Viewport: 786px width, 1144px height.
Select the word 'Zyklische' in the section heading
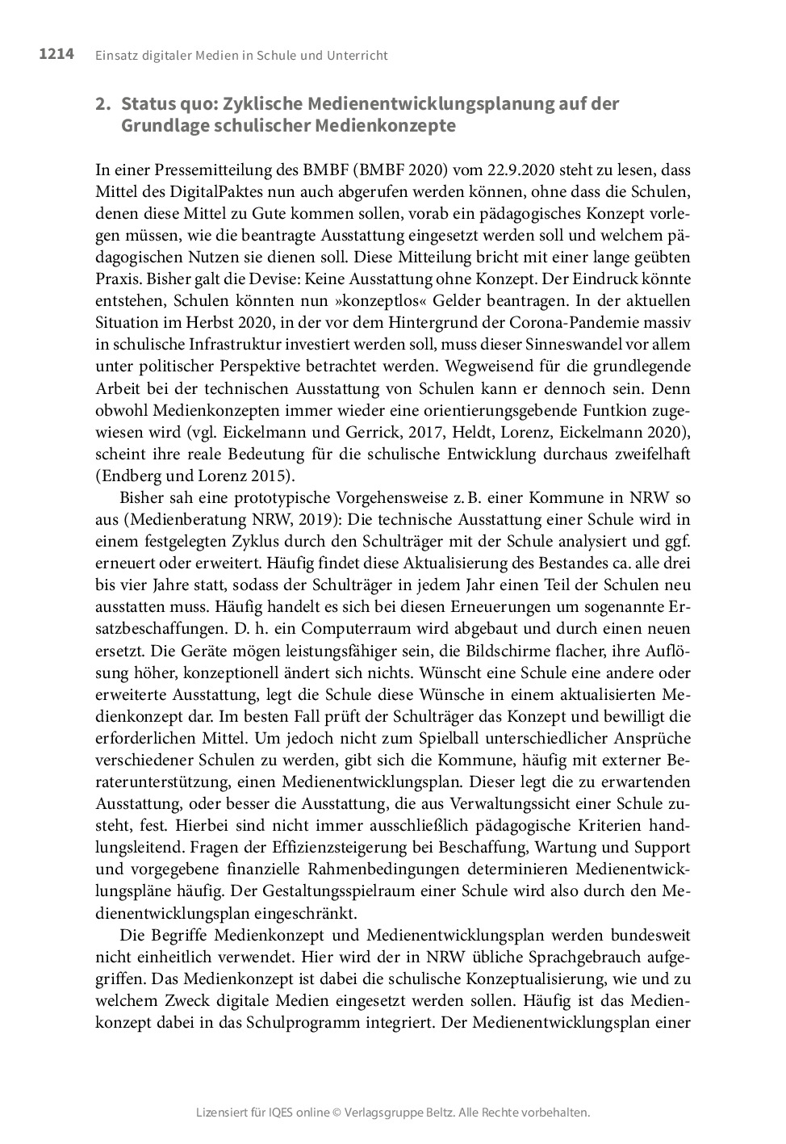tap(264, 104)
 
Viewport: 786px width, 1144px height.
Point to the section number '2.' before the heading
tap(102, 104)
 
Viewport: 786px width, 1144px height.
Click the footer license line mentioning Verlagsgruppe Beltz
tap(393, 1112)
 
